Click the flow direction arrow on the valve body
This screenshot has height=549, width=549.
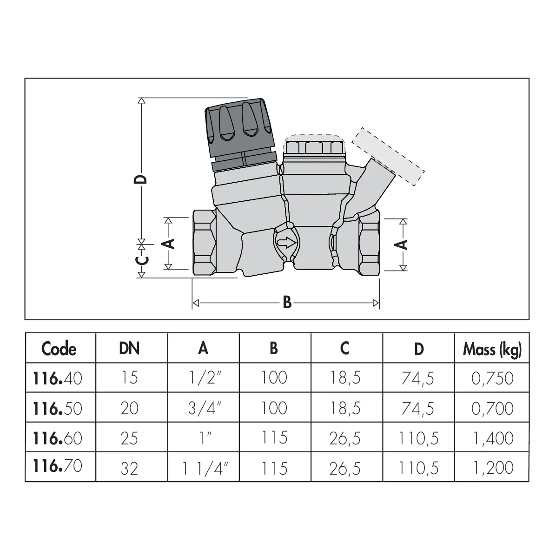pos(286,243)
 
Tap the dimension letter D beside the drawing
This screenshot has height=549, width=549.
pos(141,179)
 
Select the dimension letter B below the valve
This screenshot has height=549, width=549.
pos(287,303)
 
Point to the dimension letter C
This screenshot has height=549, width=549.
pos(141,260)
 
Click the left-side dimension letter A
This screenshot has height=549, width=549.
pos(169,244)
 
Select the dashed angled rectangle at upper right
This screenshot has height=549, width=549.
pos(388,157)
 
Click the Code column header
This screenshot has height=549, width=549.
pos(59,349)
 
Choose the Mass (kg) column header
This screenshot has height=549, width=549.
pos(492,350)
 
